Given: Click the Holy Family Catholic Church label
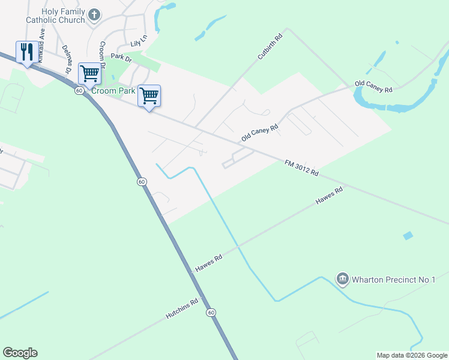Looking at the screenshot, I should tap(55, 16).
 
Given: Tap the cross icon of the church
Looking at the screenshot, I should tap(94, 14).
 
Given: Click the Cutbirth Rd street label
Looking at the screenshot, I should tap(270, 46).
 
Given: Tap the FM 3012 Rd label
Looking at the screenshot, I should tap(302, 167).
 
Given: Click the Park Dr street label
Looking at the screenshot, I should tap(121, 58).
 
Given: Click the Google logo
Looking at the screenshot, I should tap(20, 353).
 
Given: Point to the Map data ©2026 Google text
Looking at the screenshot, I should tap(411, 355).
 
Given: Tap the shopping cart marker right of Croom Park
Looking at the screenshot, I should tap(149, 95).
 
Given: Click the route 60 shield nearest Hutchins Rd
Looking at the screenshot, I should tap(211, 313).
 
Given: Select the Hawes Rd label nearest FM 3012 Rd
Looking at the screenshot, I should tap(329, 196).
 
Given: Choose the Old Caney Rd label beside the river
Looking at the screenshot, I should tap(373, 86).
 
